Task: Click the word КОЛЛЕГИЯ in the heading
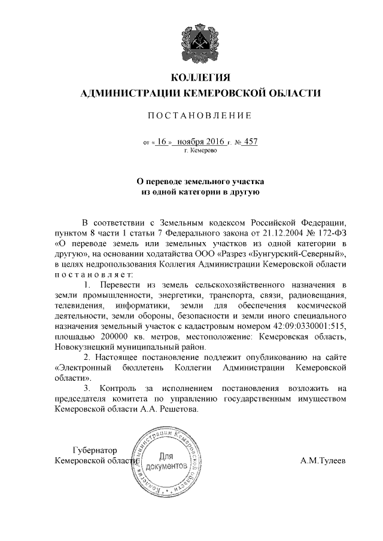(201, 78)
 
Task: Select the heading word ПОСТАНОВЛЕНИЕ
(201, 114)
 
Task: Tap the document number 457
(251, 142)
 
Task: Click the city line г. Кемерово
(201, 152)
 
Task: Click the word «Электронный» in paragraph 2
(84, 367)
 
